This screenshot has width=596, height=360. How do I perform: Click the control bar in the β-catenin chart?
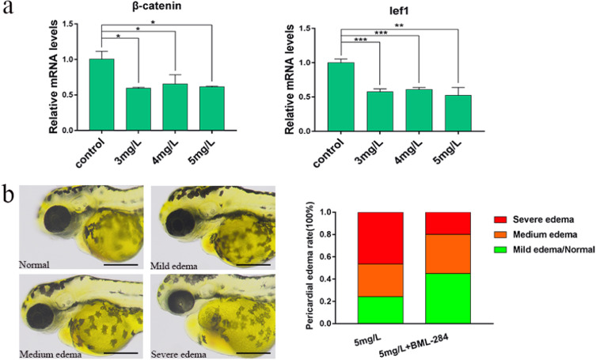point(101,94)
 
